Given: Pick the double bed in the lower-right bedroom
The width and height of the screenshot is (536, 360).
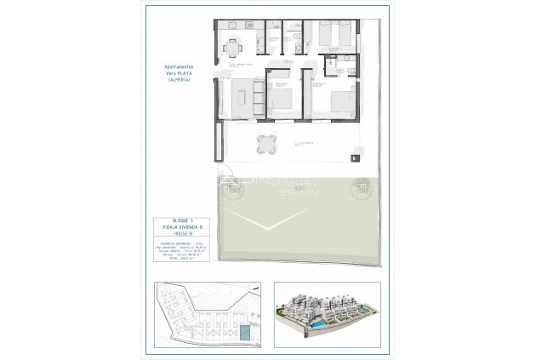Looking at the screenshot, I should click(339, 103).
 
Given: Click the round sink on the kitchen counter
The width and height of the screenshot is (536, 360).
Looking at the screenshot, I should click(245, 26).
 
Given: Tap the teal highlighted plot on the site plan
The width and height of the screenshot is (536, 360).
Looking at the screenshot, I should click(245, 332).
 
